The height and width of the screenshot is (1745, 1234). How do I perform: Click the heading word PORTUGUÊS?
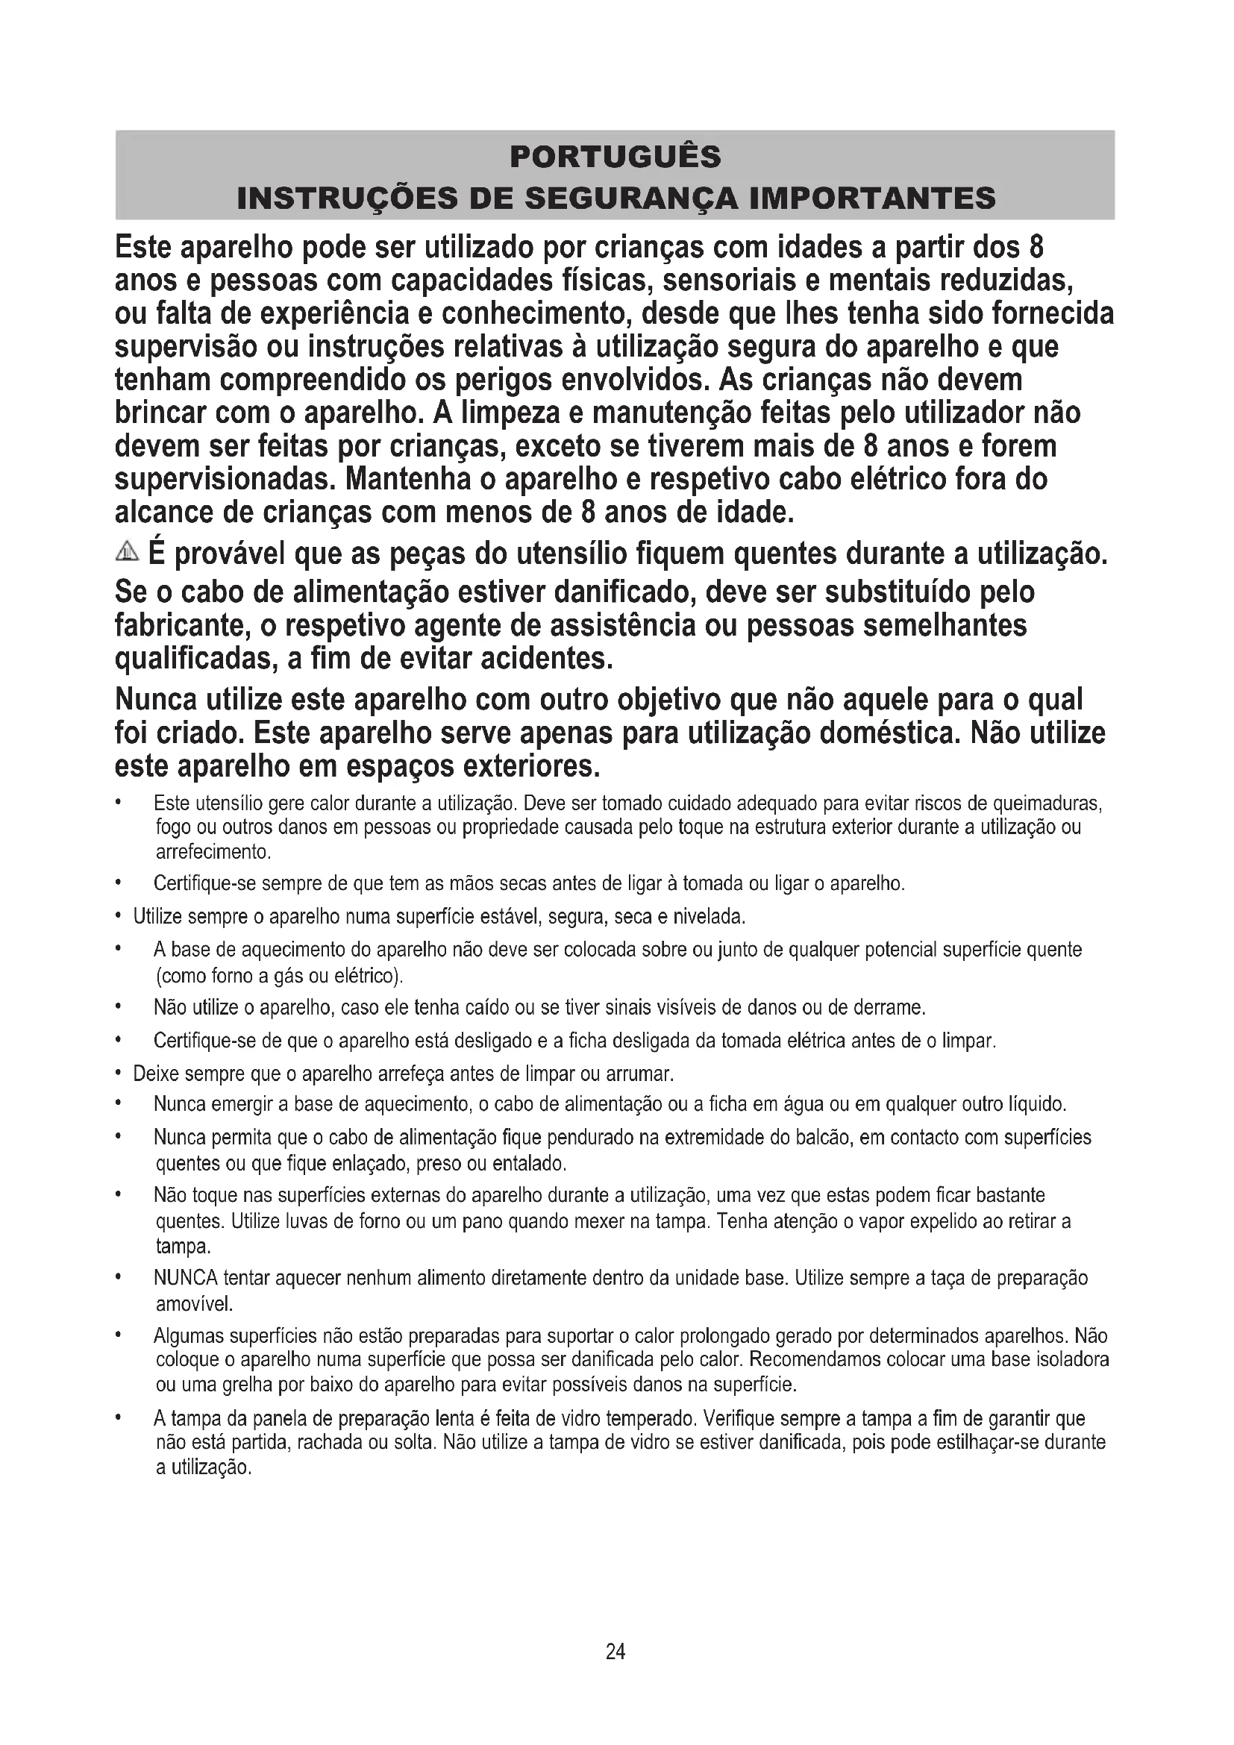pyautogui.click(x=616, y=157)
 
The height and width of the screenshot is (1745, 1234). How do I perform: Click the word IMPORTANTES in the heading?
pyautogui.click(x=871, y=198)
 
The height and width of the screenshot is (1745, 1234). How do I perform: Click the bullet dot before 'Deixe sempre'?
pyautogui.click(x=119, y=1074)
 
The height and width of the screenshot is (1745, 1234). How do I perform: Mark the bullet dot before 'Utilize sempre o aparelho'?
pyautogui.click(x=119, y=917)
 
